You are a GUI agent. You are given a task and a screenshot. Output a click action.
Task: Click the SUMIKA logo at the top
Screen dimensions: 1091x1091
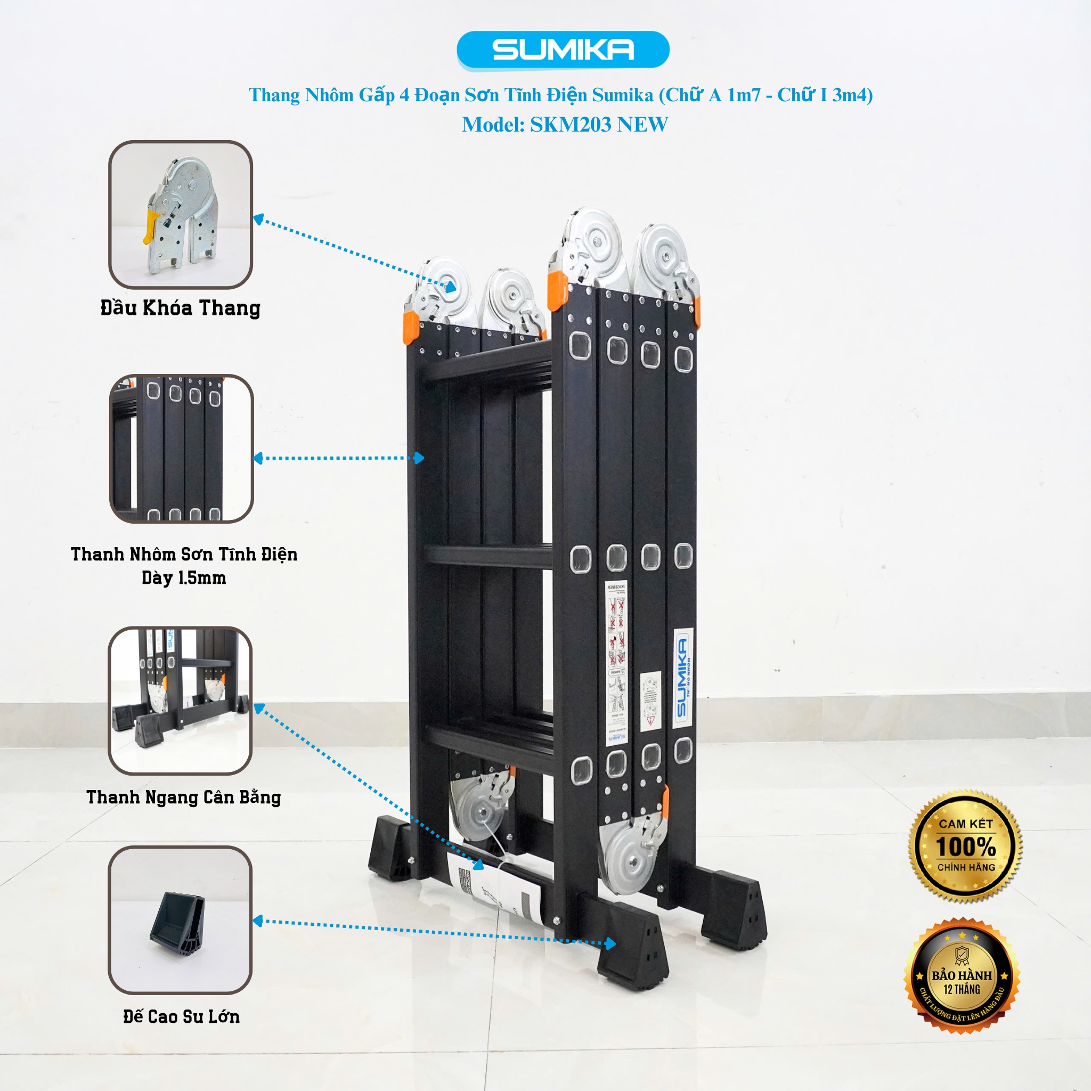tap(563, 50)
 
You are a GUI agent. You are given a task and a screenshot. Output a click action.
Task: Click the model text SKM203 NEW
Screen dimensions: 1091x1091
tap(599, 125)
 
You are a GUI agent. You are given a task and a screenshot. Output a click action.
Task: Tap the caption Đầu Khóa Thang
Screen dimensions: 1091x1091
tap(180, 308)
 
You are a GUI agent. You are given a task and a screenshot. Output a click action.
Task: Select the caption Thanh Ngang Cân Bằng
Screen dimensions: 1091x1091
tap(184, 797)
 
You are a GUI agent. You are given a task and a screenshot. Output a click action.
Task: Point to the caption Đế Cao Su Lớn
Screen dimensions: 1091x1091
tap(181, 1016)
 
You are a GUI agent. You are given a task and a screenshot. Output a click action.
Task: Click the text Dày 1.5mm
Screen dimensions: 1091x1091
tap(184, 578)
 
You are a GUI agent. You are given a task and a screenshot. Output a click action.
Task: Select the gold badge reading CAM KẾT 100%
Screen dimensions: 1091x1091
tap(965, 845)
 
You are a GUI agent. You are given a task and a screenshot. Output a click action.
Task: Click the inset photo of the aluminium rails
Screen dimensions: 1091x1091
tap(181, 449)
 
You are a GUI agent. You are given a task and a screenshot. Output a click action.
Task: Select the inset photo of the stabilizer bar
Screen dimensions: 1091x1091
tap(180, 700)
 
